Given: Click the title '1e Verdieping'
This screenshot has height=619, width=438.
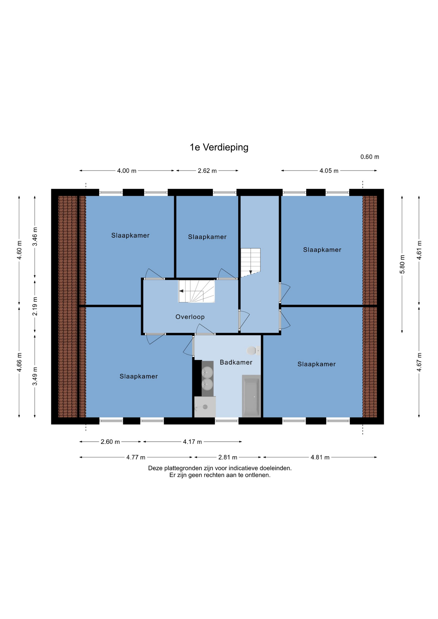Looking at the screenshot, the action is click(219, 147).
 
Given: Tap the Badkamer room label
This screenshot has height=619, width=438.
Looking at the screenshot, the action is click(236, 362).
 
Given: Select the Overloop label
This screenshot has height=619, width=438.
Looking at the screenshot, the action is click(190, 317).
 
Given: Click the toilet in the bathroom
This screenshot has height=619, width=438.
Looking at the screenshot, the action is click(254, 350).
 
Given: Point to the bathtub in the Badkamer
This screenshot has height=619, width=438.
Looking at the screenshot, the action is click(251, 396).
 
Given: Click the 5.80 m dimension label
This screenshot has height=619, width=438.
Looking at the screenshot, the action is click(402, 264).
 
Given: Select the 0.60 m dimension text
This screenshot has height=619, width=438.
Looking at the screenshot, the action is click(370, 157).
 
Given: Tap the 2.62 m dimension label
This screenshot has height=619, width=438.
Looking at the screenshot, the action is click(207, 171).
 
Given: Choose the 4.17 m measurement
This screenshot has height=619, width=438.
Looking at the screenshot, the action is click(192, 442).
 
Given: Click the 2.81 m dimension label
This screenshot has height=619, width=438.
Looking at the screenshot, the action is click(228, 457).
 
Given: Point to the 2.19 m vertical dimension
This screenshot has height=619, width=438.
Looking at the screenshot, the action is click(35, 306).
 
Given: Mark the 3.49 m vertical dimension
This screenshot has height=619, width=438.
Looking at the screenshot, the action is click(35, 376).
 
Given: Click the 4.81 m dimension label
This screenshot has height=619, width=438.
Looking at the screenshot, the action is click(320, 457).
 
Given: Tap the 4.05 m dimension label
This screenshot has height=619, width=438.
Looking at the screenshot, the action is click(329, 171).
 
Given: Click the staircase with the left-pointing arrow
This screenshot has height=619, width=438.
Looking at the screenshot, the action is click(196, 291).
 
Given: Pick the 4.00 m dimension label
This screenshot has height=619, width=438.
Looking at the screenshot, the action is click(126, 171).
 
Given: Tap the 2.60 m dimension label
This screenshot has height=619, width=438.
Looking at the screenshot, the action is click(110, 442).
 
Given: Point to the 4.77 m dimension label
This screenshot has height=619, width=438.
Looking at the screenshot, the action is click(136, 457).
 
